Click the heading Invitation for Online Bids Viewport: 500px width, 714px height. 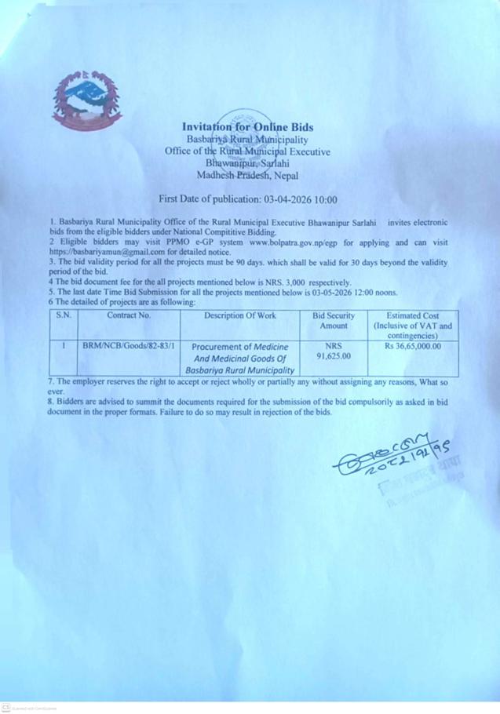click(x=247, y=126)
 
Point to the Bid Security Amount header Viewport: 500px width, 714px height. click(x=334, y=319)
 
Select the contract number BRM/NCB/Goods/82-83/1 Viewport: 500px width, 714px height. click(x=129, y=344)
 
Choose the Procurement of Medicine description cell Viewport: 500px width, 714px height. click(x=242, y=357)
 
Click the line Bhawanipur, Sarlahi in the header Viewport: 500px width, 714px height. click(x=247, y=164)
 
